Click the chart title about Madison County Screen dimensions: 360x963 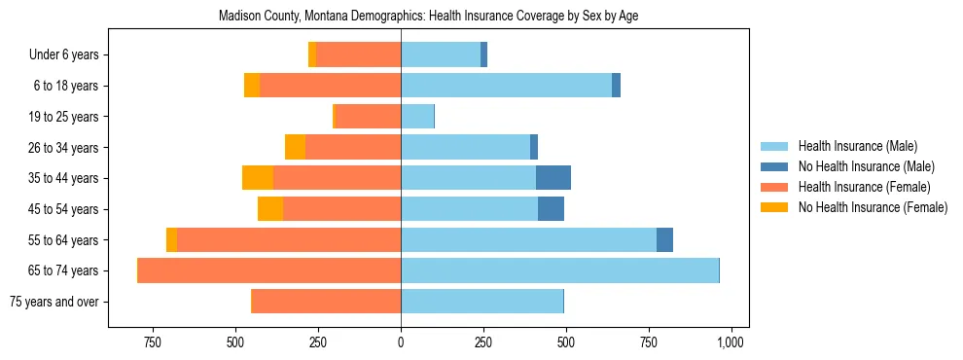pyautogui.click(x=428, y=17)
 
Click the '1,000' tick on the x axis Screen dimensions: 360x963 pyautogui.click(x=731, y=342)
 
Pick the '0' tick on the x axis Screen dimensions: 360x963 pyautogui.click(x=401, y=342)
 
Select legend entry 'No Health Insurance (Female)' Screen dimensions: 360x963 pyautogui.click(x=873, y=207)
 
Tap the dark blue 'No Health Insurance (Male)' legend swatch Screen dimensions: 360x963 pyautogui.click(x=775, y=166)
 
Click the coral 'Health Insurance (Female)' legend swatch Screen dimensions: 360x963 pyautogui.click(x=775, y=187)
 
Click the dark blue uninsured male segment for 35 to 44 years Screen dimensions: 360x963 pyautogui.click(x=553, y=178)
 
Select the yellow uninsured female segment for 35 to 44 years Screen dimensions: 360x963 pyautogui.click(x=258, y=178)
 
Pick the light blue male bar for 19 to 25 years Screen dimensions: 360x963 pyautogui.click(x=417, y=117)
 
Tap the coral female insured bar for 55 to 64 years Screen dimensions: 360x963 pyautogui.click(x=289, y=240)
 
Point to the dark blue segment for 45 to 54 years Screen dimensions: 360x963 pyautogui.click(x=551, y=209)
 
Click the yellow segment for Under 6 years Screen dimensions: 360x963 pyautogui.click(x=312, y=55)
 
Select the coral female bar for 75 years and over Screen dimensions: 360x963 pyautogui.click(x=326, y=302)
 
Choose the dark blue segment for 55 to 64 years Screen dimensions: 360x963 pyautogui.click(x=664, y=240)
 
